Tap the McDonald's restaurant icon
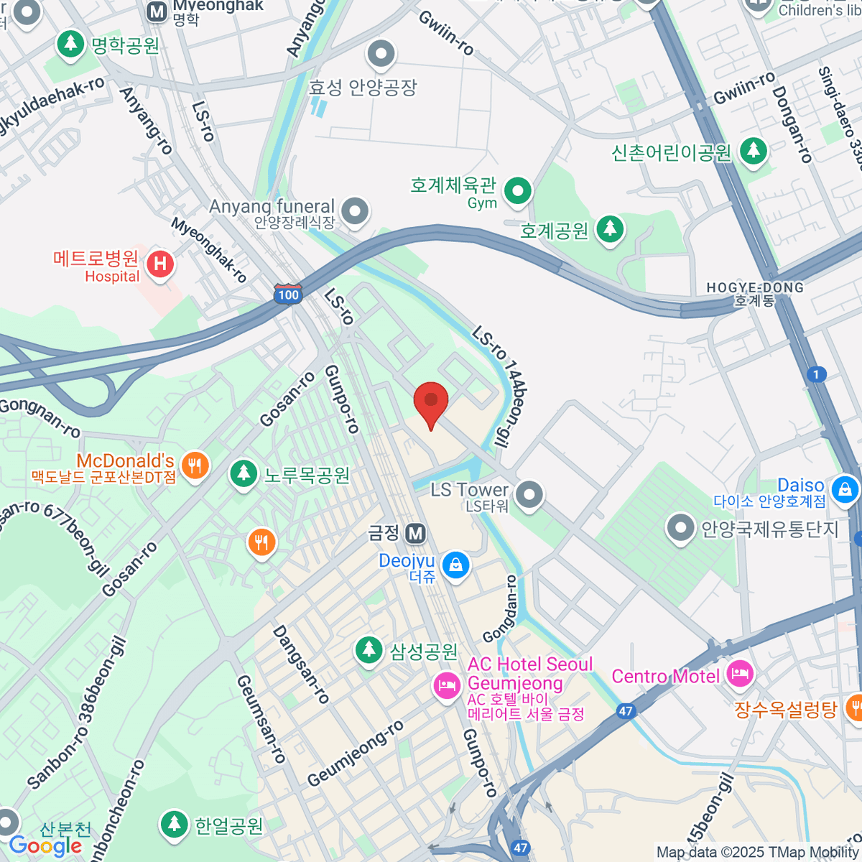194,465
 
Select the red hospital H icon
159,264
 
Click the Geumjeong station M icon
414,534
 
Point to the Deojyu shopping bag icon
455,565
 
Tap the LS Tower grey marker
529,494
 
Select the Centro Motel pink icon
739,674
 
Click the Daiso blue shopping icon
844,490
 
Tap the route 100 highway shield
288,295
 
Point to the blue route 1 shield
816,374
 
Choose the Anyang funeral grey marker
355,211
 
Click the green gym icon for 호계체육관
517,190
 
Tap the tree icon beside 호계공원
610,229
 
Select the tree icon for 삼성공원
369,650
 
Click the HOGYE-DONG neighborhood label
755,293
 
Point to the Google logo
45,845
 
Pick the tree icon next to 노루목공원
244,473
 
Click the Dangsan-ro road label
301,664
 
